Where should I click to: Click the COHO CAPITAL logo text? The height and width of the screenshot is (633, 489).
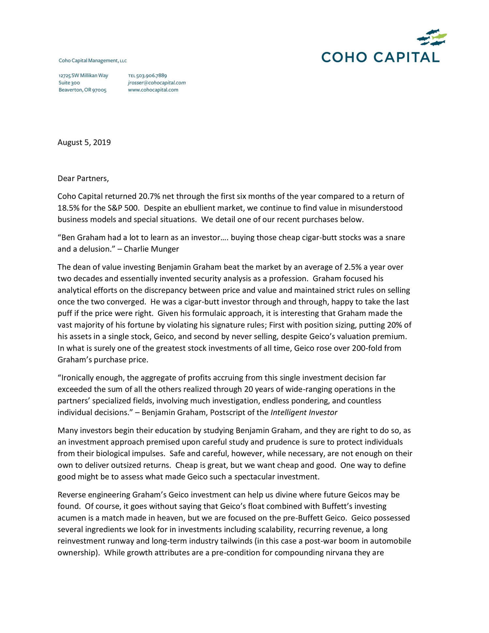[380, 57]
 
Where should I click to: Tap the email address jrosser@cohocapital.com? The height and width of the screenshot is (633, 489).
[156, 83]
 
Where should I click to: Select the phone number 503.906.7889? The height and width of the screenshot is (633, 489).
[151, 76]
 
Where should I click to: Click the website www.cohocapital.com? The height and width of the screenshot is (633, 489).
[153, 90]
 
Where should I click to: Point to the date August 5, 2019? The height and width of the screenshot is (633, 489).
[84, 143]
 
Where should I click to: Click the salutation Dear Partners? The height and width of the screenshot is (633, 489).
[83, 178]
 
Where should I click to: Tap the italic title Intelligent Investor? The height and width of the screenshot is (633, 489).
[304, 413]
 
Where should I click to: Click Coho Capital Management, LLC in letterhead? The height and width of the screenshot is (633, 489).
[93, 61]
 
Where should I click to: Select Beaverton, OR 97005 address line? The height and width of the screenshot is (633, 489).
[82, 90]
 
